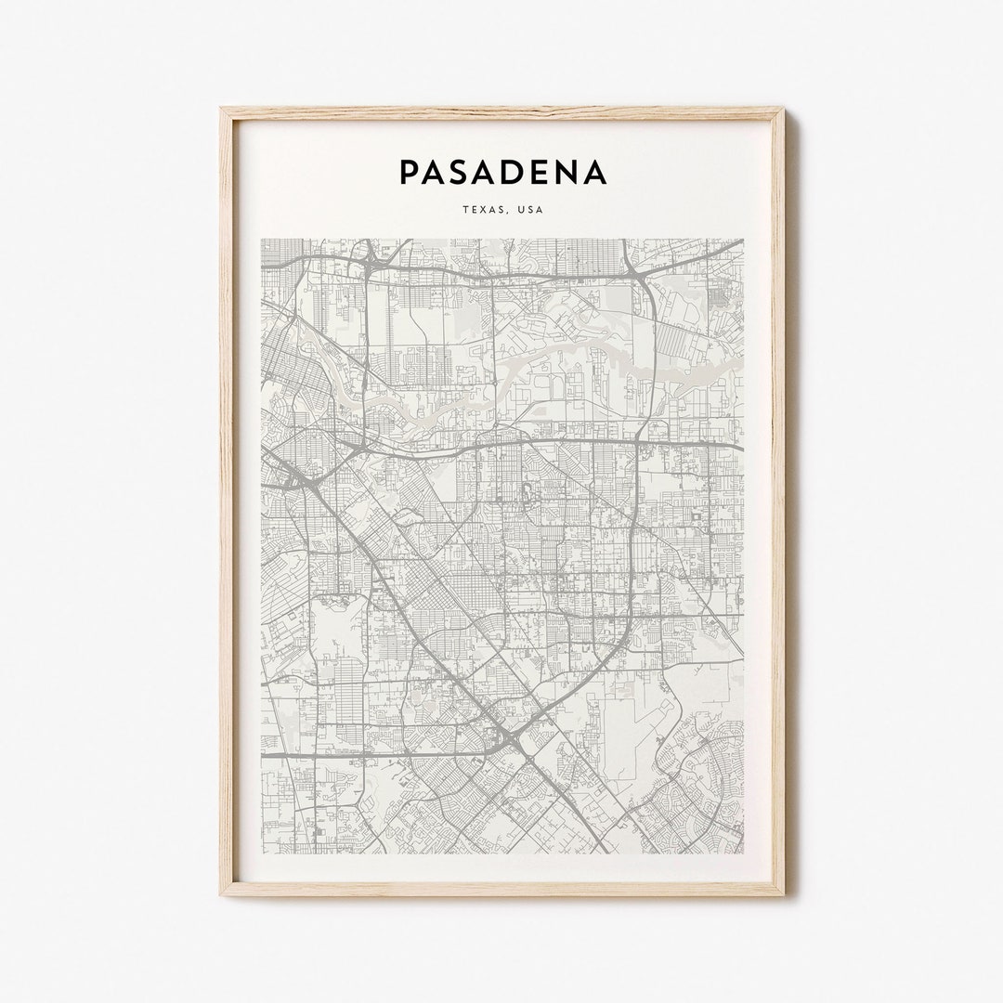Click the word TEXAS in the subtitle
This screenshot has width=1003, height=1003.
coord(483,210)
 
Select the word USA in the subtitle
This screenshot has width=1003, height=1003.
coord(530,210)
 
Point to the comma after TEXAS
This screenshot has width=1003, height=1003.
coord(507,213)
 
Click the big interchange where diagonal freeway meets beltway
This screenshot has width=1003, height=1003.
coord(509,738)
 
